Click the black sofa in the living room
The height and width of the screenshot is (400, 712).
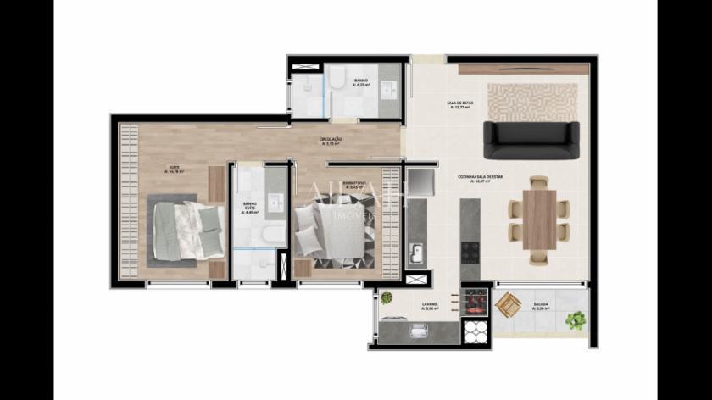[x=531, y=140]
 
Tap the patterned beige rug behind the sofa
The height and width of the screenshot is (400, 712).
[x=532, y=101]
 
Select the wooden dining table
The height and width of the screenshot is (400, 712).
[x=538, y=219]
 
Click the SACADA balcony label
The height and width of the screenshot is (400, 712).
[x=541, y=306]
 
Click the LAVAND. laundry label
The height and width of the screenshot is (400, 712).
[x=430, y=306]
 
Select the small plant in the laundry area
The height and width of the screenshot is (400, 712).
[x=387, y=298]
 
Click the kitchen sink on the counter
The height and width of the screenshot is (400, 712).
[x=416, y=252]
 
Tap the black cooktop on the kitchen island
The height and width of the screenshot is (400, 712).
[x=470, y=251]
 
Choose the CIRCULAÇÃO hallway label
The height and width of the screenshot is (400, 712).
[x=331, y=141]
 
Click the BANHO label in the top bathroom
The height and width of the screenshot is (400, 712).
[x=361, y=82]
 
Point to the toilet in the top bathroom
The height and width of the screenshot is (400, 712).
[x=337, y=81]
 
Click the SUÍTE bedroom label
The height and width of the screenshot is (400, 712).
[x=174, y=169]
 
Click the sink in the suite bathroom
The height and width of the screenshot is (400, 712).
[x=275, y=203]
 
